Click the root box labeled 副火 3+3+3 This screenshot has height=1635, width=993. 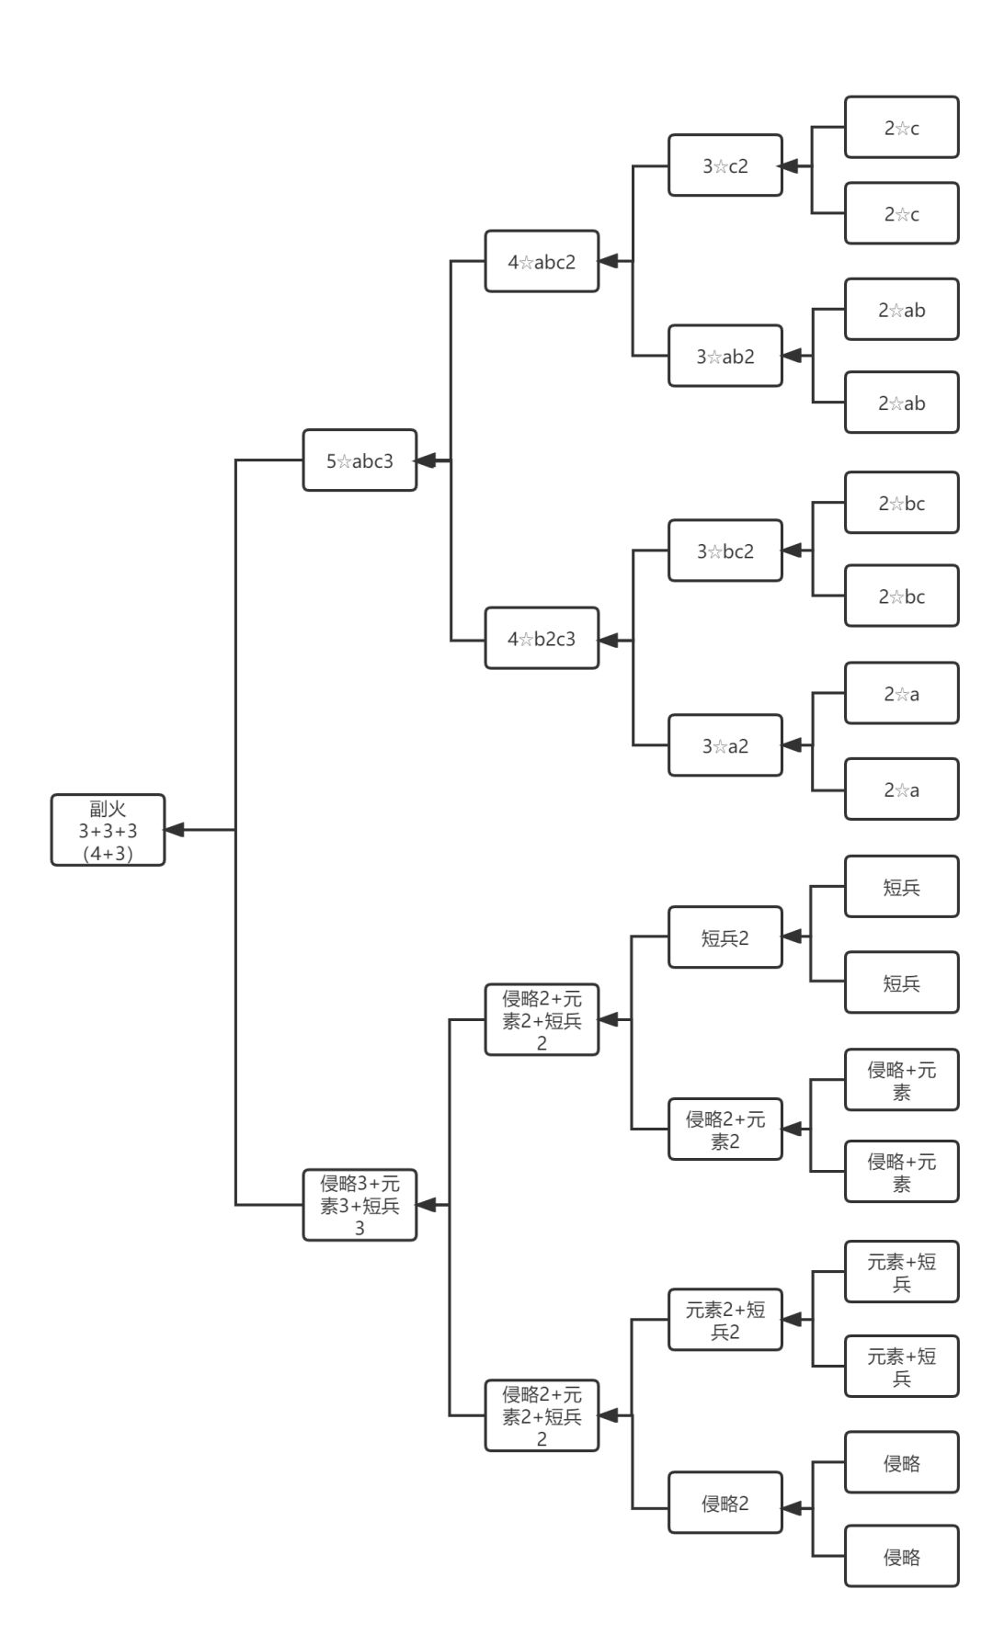point(108,830)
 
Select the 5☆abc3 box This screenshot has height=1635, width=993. point(360,460)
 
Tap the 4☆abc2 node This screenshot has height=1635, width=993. point(542,261)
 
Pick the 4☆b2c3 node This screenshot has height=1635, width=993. point(542,638)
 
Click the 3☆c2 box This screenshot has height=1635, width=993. point(725,165)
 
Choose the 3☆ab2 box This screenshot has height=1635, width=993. point(725,356)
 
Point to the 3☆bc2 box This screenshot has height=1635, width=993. point(725,551)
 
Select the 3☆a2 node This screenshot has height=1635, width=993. point(725,745)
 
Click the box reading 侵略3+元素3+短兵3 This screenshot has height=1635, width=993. point(360,1205)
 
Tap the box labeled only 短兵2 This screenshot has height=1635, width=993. point(725,937)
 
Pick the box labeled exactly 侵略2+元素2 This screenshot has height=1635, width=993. point(725,1130)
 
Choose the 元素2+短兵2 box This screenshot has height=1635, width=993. point(725,1320)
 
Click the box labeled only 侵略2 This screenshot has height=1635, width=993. point(725,1503)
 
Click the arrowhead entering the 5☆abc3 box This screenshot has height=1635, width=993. point(427,460)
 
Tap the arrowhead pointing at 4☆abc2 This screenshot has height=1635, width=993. point(609,261)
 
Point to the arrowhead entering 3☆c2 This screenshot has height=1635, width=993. point(789,166)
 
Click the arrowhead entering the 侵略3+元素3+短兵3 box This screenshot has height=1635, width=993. point(427,1205)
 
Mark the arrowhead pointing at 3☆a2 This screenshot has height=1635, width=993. point(792,745)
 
